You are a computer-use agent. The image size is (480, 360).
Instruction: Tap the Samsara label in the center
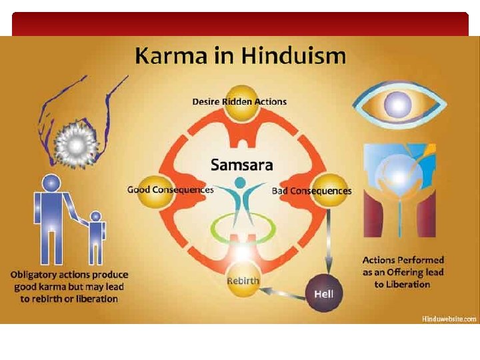pos(241,164)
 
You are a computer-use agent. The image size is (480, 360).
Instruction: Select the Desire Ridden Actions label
pos(239,102)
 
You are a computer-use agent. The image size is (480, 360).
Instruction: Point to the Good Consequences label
pos(171,190)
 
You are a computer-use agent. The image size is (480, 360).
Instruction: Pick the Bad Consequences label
pos(311,191)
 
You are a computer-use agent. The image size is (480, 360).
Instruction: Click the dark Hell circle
pos(324,294)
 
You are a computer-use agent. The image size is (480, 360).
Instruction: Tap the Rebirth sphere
pos(243,280)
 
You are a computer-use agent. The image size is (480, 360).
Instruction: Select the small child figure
pos(96,237)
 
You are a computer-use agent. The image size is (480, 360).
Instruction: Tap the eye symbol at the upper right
pos(399,105)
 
